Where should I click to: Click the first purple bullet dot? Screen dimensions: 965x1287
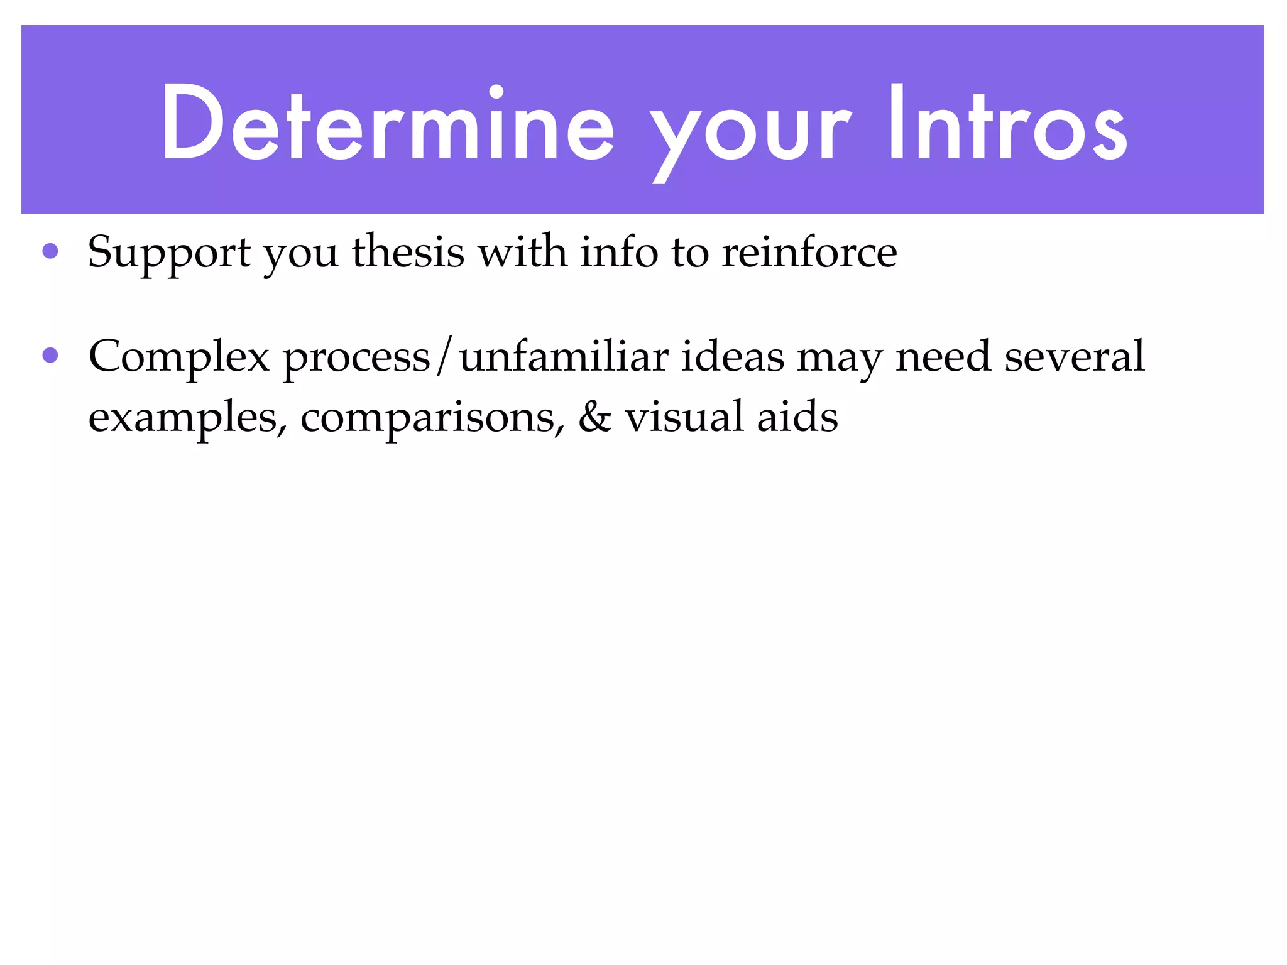pos(50,252)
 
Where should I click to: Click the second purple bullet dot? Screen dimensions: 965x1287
pos(50,356)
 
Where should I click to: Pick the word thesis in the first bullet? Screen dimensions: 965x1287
pos(408,252)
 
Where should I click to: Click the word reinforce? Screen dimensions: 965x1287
pos(809,252)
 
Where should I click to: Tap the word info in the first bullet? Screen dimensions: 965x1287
pos(619,252)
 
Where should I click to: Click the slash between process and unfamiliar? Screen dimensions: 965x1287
pos(445,357)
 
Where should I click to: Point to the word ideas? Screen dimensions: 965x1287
pos(733,356)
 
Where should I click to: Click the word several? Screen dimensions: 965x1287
pos(1075,356)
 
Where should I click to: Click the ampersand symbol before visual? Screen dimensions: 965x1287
pos(594,417)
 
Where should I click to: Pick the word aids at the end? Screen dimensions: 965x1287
pos(797,417)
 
